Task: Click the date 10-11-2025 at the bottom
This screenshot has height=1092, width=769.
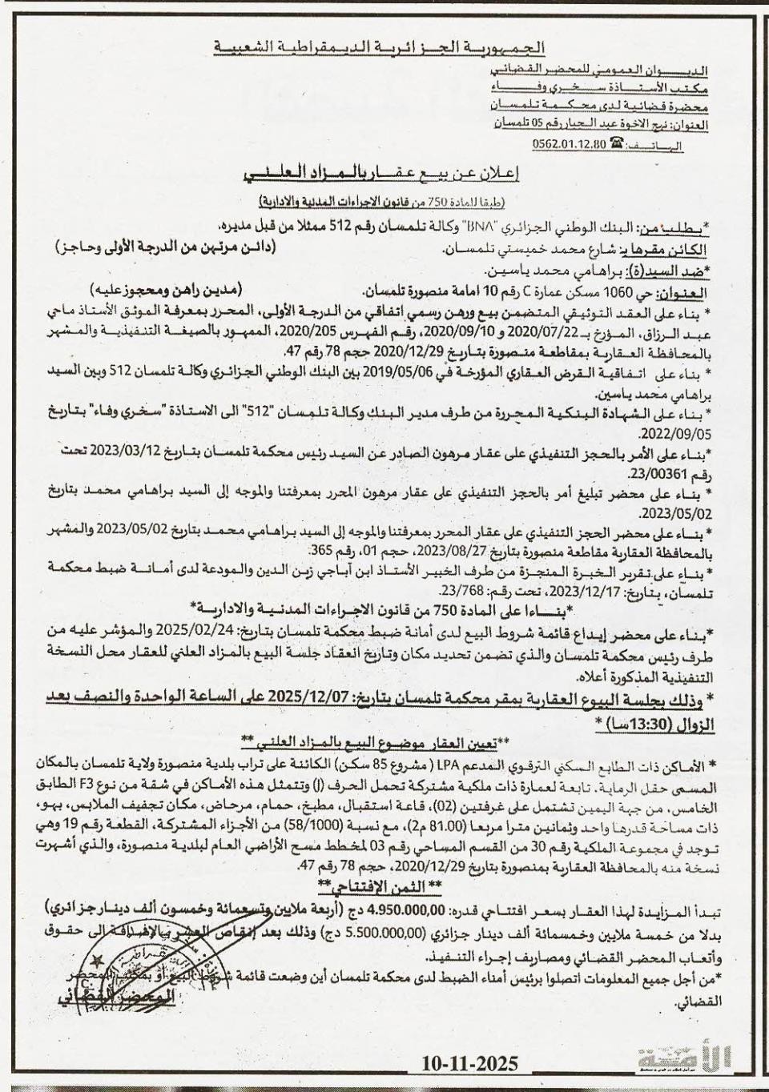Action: (x=471, y=1063)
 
